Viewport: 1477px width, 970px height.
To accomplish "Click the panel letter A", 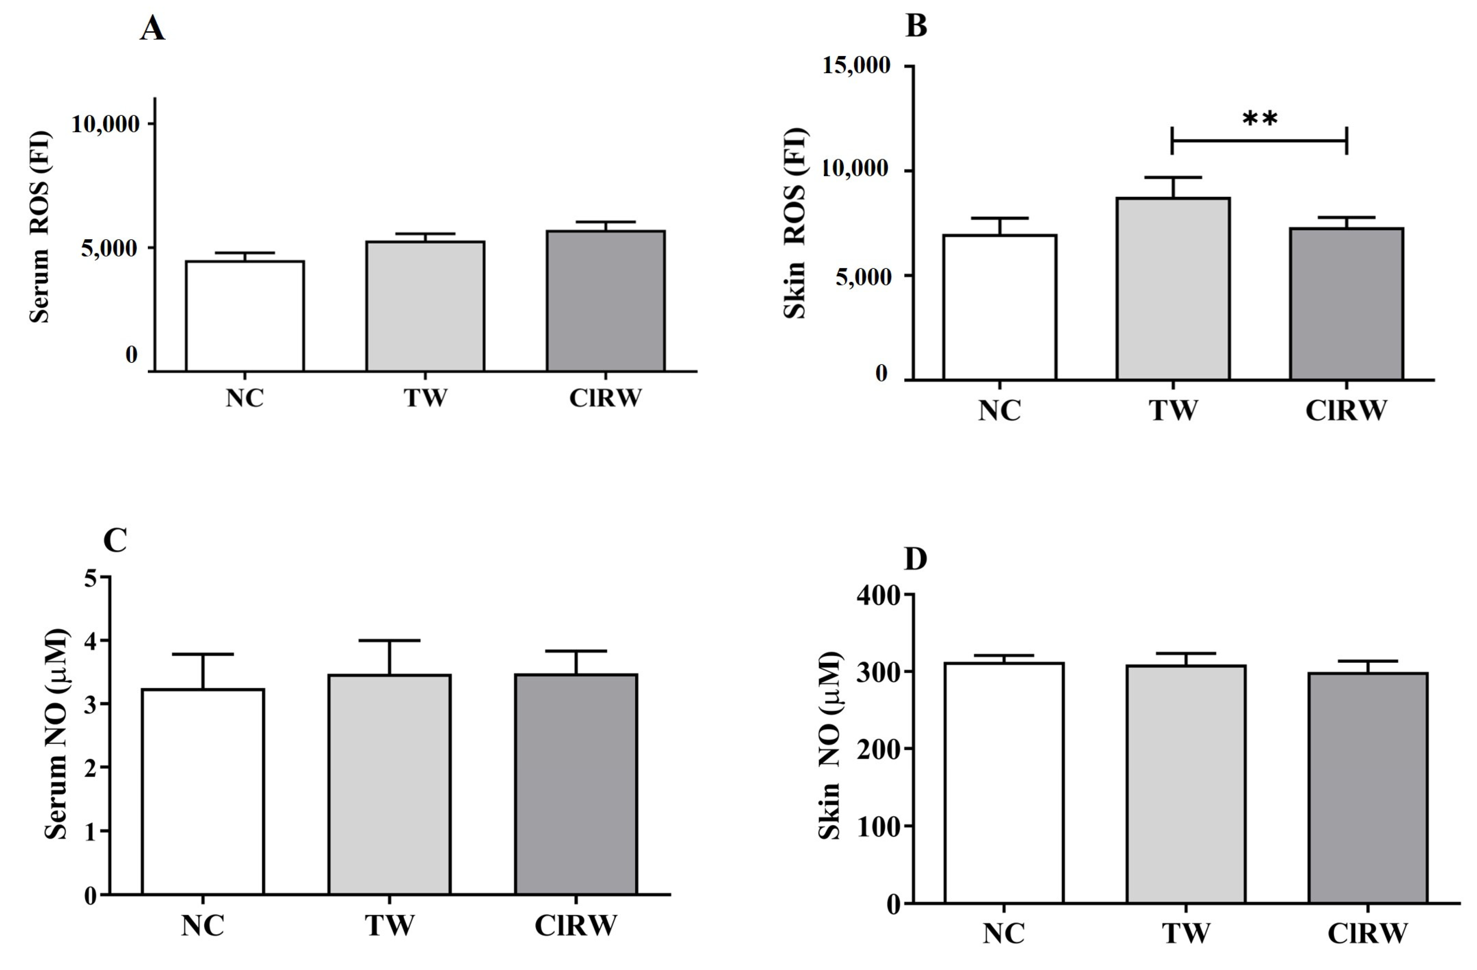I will coord(152,29).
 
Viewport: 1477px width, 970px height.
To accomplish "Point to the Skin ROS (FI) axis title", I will coord(795,223).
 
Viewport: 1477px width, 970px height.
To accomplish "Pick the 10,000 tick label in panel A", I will coord(105,124).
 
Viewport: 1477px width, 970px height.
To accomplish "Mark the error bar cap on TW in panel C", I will coord(390,640).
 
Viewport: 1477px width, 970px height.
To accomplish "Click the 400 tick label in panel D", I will coord(877,595).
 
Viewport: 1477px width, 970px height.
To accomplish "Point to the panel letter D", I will coord(916,559).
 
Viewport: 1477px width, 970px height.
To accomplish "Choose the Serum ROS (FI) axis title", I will coord(40,226).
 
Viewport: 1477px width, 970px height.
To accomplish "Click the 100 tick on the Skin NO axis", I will coord(877,827).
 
